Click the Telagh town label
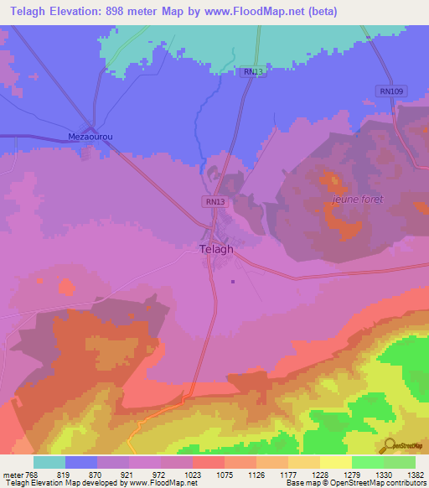[x=216, y=249]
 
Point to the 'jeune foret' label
[x=357, y=199]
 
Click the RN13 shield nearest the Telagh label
[x=214, y=202]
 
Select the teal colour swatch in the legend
[x=49, y=462]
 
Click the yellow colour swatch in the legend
[x=336, y=462]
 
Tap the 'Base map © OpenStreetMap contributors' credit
[x=355, y=482]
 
